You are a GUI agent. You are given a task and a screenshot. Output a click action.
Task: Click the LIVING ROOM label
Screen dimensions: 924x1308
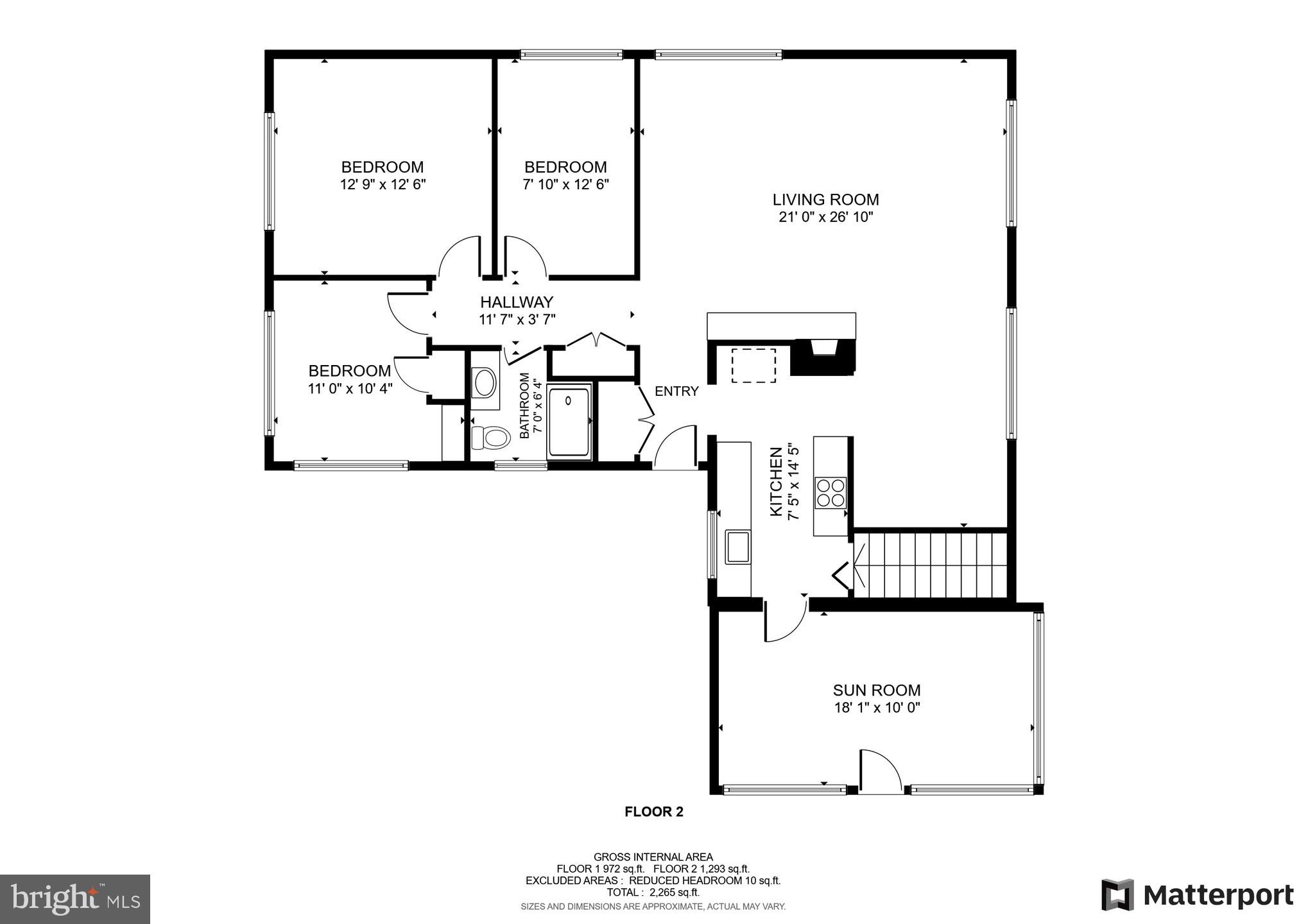pyautogui.click(x=825, y=200)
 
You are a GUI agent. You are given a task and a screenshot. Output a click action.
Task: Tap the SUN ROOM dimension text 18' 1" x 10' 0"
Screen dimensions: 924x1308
pyautogui.click(x=877, y=708)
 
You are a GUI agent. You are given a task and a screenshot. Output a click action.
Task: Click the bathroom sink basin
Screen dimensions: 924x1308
pyautogui.click(x=485, y=382)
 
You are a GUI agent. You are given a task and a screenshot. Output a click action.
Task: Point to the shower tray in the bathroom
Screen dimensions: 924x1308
pyautogui.click(x=569, y=420)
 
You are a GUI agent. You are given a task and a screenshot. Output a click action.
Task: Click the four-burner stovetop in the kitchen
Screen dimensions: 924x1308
pyautogui.click(x=830, y=493)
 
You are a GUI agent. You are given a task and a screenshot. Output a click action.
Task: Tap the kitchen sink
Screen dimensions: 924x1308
pyautogui.click(x=738, y=547)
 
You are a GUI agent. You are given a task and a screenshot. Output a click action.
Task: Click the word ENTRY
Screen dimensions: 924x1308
pyautogui.click(x=676, y=391)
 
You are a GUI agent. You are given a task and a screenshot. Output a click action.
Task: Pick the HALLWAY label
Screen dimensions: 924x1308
pyautogui.click(x=517, y=302)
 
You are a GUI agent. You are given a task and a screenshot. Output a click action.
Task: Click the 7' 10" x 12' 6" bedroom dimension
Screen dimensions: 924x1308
pyautogui.click(x=565, y=185)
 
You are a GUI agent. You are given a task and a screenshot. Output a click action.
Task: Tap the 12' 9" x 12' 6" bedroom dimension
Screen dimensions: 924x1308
pyautogui.click(x=383, y=185)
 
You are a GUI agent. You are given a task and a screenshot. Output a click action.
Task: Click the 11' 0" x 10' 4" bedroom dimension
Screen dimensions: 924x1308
pyautogui.click(x=350, y=388)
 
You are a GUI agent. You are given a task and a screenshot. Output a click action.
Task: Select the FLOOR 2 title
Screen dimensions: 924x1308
pyautogui.click(x=653, y=812)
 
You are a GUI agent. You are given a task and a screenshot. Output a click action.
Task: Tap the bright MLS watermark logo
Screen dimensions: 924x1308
pyautogui.click(x=75, y=899)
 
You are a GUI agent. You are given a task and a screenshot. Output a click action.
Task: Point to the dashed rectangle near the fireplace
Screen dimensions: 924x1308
pyautogui.click(x=753, y=366)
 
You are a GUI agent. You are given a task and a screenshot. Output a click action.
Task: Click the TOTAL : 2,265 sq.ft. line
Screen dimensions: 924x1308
pyautogui.click(x=653, y=893)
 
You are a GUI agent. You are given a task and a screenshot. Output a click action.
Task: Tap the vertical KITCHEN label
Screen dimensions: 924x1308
pyautogui.click(x=776, y=481)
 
